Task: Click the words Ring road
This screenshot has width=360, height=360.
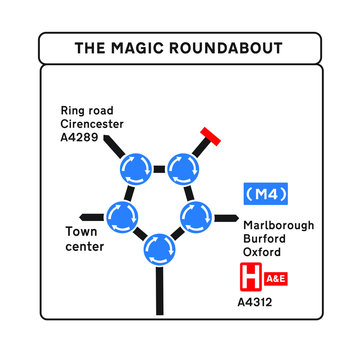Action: (x=86, y=110)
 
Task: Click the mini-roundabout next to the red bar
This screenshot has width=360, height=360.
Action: (x=182, y=167)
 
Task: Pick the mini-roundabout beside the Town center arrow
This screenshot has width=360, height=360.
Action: (x=123, y=215)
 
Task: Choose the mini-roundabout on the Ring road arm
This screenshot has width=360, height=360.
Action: (x=134, y=167)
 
